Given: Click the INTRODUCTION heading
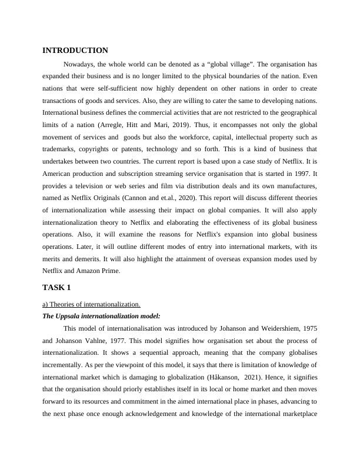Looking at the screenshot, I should [x=75, y=51].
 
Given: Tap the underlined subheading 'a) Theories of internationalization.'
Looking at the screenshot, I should [x=91, y=304].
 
